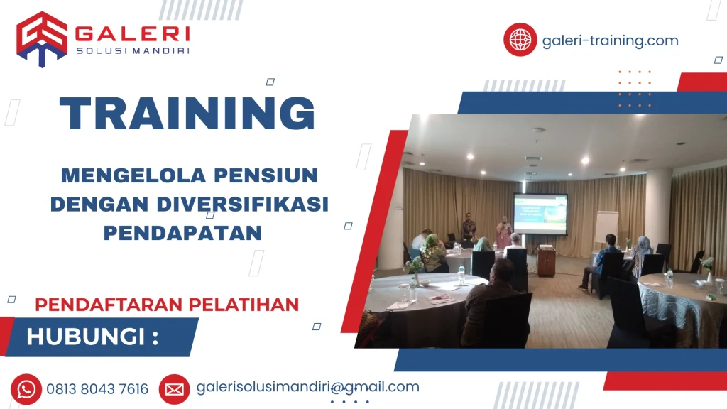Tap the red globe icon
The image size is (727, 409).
520,40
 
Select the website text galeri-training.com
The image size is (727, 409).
610,40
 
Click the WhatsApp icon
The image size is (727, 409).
26,388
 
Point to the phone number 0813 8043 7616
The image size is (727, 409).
97,389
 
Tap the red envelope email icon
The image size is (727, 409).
174,388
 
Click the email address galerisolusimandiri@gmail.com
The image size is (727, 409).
307,387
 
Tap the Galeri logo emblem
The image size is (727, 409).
41,38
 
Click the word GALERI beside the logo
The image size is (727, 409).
132,34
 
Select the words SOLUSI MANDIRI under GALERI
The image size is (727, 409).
132,50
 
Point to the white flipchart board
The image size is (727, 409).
606,227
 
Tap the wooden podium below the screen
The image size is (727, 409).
546,262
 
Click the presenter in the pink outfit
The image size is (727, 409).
503,234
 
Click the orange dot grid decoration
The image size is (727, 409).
634,89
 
